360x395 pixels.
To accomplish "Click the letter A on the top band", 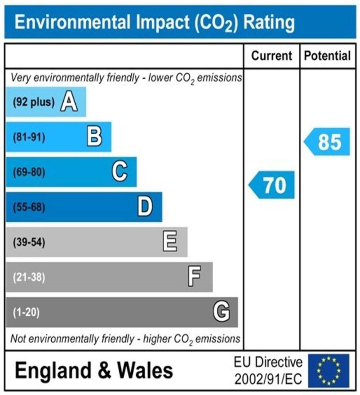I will (x=69, y=102).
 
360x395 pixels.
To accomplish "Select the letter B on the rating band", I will (x=95, y=137).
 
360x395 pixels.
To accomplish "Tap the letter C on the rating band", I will (x=120, y=172).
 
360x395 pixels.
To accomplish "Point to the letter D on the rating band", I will (x=145, y=207).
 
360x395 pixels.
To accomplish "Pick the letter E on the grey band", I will (x=170, y=242).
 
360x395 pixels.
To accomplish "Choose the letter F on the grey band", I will (x=194, y=277).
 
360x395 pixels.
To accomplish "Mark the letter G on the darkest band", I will (x=221, y=312).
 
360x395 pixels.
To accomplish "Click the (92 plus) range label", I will (x=34, y=103).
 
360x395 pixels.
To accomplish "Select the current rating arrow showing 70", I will (x=272, y=185).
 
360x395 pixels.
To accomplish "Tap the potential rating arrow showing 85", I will (x=327, y=142).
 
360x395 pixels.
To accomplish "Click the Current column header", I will (x=272, y=56).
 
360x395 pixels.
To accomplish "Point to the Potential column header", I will (x=328, y=56).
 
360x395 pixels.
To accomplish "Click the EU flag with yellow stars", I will (x=328, y=371).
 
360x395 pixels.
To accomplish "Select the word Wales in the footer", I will (x=145, y=371).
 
